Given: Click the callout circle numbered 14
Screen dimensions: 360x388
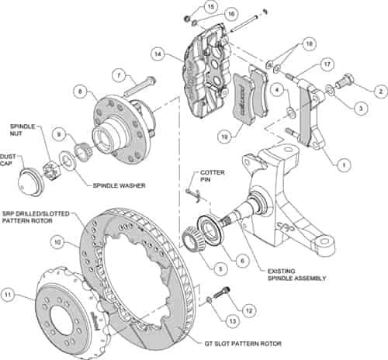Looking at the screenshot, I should click(x=158, y=55).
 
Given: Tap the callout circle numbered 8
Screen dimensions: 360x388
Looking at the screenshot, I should click(x=79, y=91).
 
